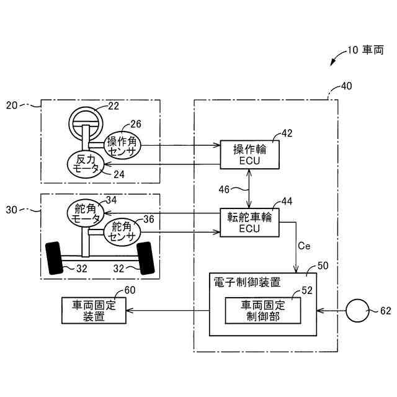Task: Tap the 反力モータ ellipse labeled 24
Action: point(85,164)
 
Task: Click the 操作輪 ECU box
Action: point(250,154)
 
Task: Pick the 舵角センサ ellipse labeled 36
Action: point(123,232)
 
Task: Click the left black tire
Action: point(55,257)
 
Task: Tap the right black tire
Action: point(146,257)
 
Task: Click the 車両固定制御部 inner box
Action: point(262,310)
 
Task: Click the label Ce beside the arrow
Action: point(304,246)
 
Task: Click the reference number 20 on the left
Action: point(13,105)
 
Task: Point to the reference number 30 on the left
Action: point(13,210)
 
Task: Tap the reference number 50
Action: point(323,265)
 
